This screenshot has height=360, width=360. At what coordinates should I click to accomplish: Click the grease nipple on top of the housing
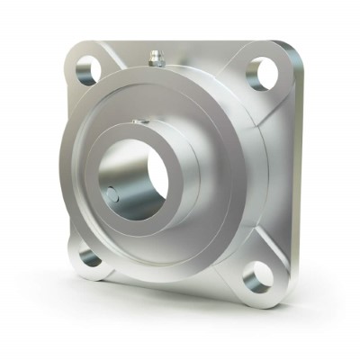pos(154,58)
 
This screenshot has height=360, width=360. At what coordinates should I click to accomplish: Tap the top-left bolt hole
pos(87,70)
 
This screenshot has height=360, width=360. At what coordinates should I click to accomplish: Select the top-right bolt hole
pos(262,72)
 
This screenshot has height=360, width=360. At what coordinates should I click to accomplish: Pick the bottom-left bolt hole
pos(90,257)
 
